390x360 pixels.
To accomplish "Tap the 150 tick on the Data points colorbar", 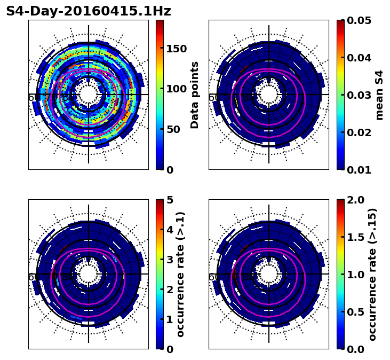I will [x=176, y=49].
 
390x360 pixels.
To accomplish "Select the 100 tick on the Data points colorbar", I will [x=176, y=89].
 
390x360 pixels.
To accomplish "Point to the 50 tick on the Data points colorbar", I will [x=173, y=129].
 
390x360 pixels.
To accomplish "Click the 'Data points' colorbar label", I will [x=195, y=95].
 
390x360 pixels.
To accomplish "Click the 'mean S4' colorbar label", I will [x=379, y=95].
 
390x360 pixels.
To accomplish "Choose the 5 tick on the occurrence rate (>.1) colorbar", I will [x=169, y=200].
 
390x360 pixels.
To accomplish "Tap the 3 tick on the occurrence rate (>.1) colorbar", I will [x=169, y=260].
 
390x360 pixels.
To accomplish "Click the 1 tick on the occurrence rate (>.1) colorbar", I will [x=169, y=319].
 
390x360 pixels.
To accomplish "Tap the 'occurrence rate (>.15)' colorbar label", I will [x=372, y=274].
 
